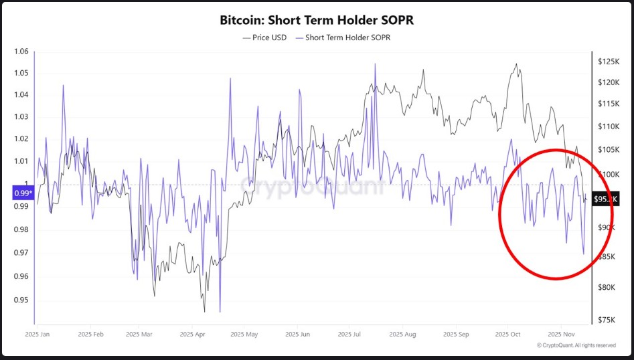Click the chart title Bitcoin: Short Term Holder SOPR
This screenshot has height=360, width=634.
pos(317,20)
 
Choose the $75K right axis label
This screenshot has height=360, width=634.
pos(607,320)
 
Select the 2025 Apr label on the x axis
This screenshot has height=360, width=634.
pos(191,333)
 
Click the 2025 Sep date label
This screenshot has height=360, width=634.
pos(455,333)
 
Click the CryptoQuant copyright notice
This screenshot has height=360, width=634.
pos(576,345)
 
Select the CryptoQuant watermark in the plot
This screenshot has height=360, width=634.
pos(313,185)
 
